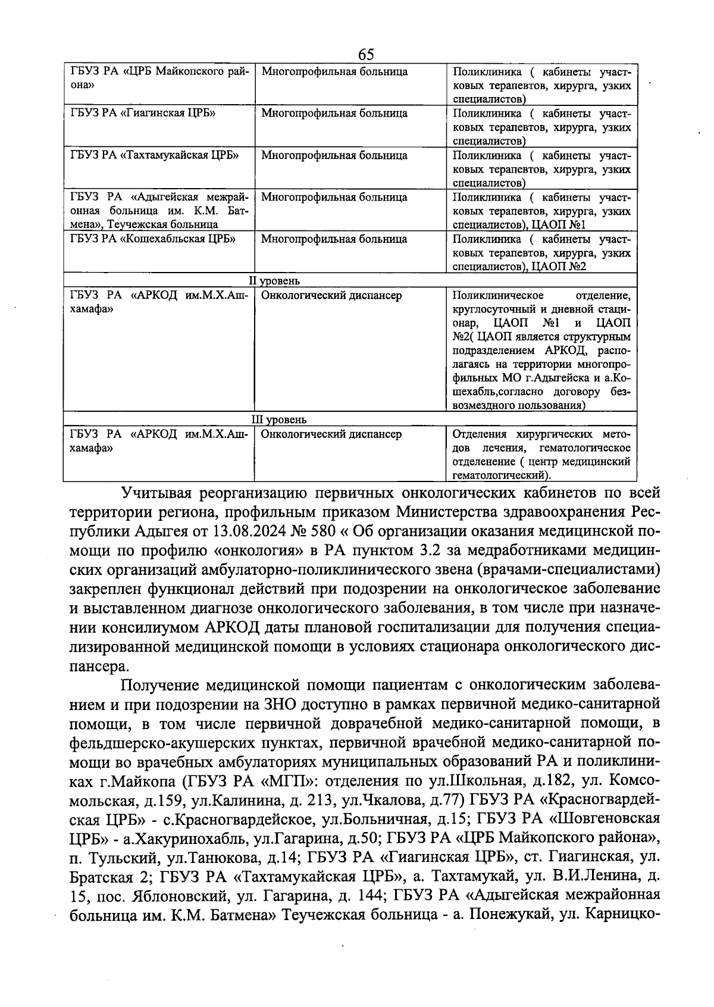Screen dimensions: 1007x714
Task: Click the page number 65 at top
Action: click(x=366, y=55)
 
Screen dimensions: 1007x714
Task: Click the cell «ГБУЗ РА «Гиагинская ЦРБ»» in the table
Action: click(x=143, y=113)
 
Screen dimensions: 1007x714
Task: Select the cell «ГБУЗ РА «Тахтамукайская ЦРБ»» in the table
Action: click(x=154, y=155)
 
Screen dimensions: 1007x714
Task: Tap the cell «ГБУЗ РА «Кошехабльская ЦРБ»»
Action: click(x=153, y=239)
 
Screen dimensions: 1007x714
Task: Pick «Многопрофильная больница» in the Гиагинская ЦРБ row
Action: click(x=334, y=113)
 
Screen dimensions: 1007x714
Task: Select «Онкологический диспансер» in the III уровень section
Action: click(x=331, y=434)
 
